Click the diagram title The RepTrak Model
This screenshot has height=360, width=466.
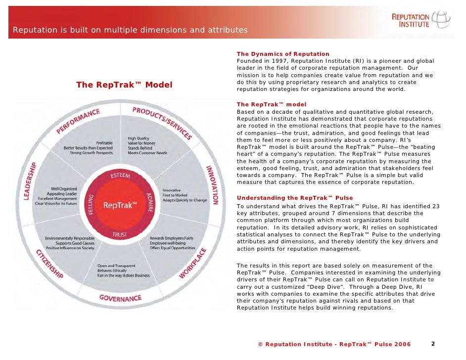[124, 85]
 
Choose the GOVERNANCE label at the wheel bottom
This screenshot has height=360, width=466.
[120, 298]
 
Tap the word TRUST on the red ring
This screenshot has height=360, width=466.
[119, 235]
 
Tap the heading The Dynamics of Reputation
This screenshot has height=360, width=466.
[283, 54]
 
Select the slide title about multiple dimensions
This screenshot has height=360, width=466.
[130, 31]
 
